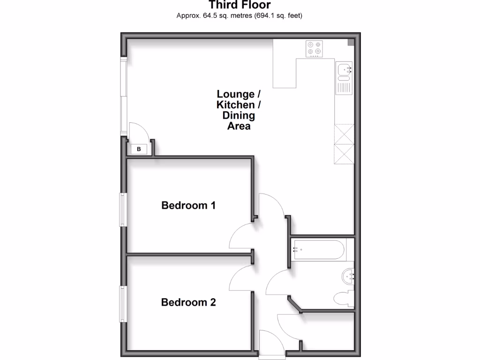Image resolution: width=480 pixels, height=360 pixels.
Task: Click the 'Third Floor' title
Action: point(240,5)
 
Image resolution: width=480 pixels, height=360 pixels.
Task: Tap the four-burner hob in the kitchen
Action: point(314,48)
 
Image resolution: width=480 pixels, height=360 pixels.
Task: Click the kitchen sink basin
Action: point(344,68)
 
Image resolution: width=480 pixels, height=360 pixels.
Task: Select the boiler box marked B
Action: point(138,150)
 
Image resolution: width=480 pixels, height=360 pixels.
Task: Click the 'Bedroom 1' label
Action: point(188,205)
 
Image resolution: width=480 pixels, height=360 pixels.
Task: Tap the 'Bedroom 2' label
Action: point(188,302)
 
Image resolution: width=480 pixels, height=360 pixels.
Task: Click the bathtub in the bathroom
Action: point(319,250)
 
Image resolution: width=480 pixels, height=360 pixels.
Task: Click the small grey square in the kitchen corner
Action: point(351,43)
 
